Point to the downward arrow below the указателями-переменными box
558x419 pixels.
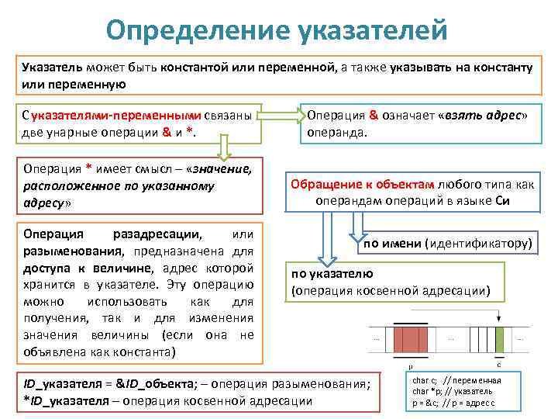click(x=224, y=148)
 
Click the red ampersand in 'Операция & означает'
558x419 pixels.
click(x=373, y=116)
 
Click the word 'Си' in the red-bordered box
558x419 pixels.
click(x=502, y=200)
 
